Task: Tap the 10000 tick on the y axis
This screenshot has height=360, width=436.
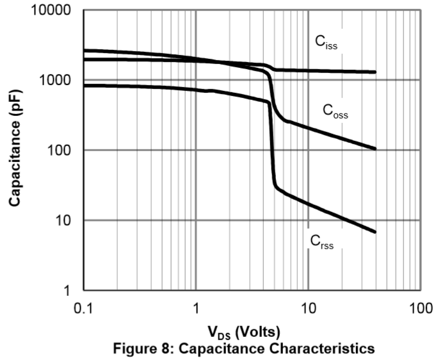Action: (51, 11)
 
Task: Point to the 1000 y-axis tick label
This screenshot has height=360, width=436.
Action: (55, 81)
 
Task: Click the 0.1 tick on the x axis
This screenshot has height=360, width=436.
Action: (84, 308)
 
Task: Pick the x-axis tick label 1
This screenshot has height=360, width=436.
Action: (195, 308)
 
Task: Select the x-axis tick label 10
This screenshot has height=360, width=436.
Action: (308, 308)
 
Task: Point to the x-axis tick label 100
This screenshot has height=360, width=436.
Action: (420, 308)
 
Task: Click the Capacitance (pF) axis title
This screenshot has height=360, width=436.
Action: (15, 151)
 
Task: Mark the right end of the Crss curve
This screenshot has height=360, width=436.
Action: (375, 232)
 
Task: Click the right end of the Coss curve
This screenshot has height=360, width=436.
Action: (375, 149)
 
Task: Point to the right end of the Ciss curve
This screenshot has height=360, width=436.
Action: (375, 72)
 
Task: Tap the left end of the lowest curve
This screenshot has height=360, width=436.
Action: (85, 85)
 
